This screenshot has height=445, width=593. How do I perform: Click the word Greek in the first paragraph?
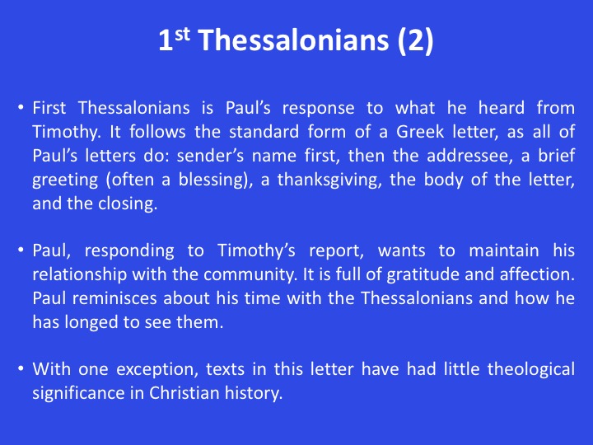point(420,132)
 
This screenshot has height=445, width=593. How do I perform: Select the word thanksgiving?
point(329,180)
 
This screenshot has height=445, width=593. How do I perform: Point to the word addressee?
point(469,156)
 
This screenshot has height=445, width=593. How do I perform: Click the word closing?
point(128,204)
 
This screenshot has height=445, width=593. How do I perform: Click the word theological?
point(531,369)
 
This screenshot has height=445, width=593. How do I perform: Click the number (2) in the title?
point(415,40)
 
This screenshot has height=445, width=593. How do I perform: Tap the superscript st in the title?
point(182,35)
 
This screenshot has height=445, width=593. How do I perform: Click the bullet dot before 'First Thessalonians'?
point(21,107)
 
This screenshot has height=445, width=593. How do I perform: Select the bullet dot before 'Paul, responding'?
point(21,251)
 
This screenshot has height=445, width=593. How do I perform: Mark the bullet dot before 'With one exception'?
point(21,368)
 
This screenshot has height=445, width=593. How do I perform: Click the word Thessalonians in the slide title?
point(293,40)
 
